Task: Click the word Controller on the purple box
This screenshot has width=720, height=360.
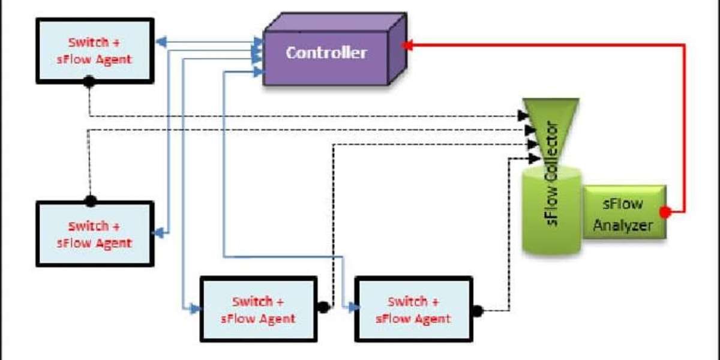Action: click(326, 53)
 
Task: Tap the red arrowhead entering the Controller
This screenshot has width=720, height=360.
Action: click(407, 44)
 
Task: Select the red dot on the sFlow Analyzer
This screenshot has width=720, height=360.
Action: click(664, 212)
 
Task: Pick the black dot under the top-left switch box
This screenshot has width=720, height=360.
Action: click(89, 82)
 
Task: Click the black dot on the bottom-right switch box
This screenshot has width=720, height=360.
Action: click(478, 311)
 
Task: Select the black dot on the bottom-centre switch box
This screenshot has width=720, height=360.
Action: click(323, 308)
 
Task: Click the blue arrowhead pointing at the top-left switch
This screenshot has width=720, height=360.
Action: click(160, 42)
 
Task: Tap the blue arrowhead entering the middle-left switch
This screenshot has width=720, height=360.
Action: click(160, 233)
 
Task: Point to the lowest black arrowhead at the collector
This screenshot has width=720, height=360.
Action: click(533, 158)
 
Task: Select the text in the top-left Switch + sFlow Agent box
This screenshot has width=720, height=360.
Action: click(95, 51)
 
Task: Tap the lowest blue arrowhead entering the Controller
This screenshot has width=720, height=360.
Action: click(258, 72)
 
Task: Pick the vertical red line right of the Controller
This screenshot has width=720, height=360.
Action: click(685, 126)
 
